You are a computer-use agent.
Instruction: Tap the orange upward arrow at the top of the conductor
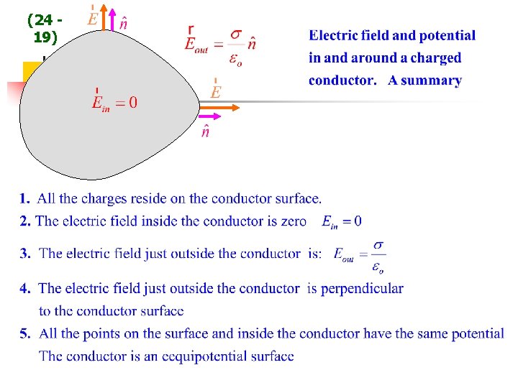(104, 19)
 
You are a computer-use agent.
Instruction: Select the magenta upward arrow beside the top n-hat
(112, 19)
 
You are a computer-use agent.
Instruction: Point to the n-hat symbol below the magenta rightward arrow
(206, 132)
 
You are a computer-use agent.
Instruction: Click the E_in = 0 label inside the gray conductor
(114, 102)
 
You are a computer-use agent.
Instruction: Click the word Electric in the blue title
(334, 35)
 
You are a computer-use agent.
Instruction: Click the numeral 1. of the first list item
(25, 198)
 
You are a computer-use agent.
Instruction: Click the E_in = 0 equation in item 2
(342, 221)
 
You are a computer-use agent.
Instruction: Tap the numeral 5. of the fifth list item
(25, 333)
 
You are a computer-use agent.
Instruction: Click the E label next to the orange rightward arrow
(216, 91)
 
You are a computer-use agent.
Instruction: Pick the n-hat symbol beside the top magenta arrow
(124, 23)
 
